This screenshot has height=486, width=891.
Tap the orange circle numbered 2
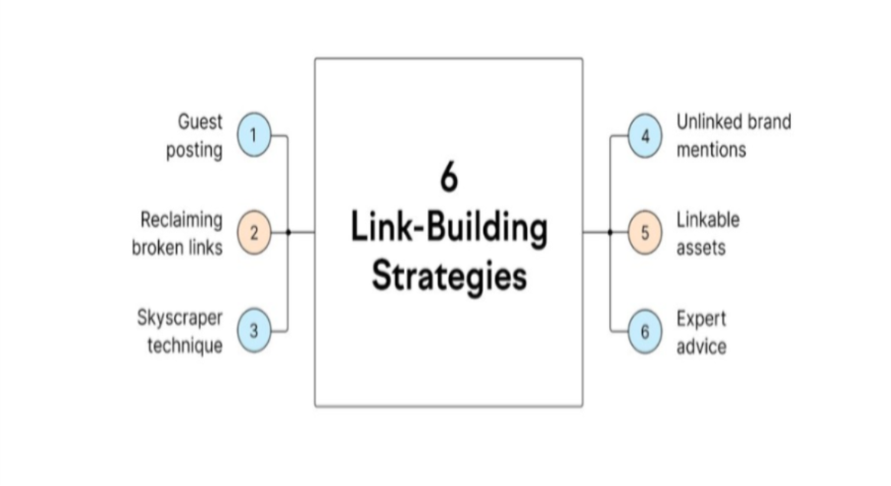tap(253, 233)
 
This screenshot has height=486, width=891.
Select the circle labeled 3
tap(253, 331)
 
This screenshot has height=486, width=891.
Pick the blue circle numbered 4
tap(645, 135)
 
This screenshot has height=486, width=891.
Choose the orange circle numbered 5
tap(645, 234)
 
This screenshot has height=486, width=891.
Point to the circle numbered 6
tap(645, 332)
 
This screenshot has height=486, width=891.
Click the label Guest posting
tap(199, 136)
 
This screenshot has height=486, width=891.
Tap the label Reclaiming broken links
tap(179, 233)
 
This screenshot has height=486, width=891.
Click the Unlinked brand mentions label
tap(733, 135)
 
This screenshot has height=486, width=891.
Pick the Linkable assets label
tap(707, 233)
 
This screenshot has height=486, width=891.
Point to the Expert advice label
tap(701, 332)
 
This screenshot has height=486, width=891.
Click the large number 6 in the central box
tap(448, 180)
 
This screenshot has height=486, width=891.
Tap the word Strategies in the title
tap(448, 276)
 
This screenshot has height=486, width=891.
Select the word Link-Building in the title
tap(448, 228)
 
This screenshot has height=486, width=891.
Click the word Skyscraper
tap(179, 319)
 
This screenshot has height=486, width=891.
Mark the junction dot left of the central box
tap(288, 233)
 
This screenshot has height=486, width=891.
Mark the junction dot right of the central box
tap(609, 233)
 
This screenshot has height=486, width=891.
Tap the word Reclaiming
tap(181, 219)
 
